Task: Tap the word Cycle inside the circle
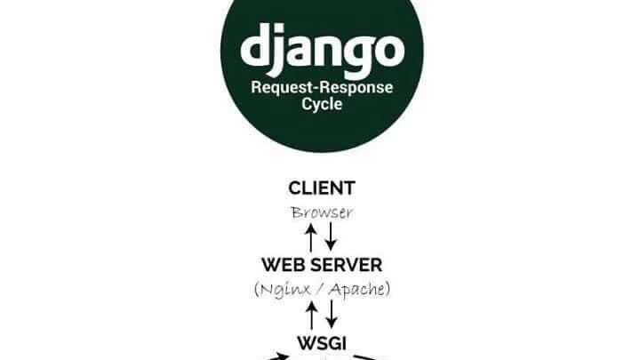coord(321,105)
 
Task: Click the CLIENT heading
coord(321,188)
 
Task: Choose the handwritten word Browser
coord(321,212)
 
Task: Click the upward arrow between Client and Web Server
coord(311,237)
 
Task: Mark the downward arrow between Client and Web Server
coord(331,237)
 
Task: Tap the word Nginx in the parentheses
coord(285,289)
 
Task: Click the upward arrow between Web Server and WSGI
coord(311,315)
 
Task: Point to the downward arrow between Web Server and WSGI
coord(331,315)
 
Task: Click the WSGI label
coord(321,341)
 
